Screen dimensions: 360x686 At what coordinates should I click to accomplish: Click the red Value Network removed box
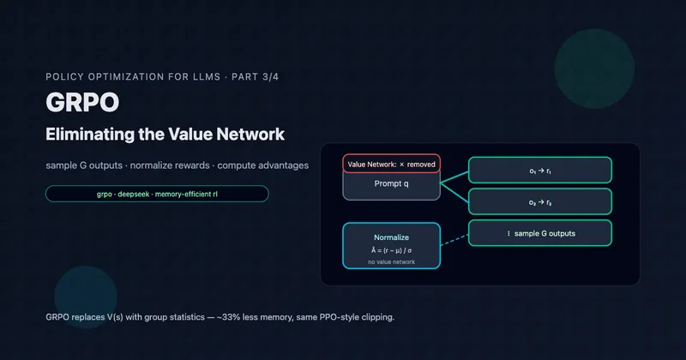tap(392, 164)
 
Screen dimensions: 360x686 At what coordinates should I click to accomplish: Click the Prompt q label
tap(392, 184)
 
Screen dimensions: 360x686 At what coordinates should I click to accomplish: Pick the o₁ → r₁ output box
tap(539, 171)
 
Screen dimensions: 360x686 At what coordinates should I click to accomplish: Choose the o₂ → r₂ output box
tap(539, 201)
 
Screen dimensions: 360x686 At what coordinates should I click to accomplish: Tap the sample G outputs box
tap(539, 233)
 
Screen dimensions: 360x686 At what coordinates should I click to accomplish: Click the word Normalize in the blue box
tap(392, 237)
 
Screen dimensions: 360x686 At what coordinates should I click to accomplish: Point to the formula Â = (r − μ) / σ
tap(392, 249)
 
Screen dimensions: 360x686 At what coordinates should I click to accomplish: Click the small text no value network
tap(392, 261)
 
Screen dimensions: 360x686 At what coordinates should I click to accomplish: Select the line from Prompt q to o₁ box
tap(454, 176)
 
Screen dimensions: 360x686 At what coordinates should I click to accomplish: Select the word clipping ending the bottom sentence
tap(377, 317)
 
